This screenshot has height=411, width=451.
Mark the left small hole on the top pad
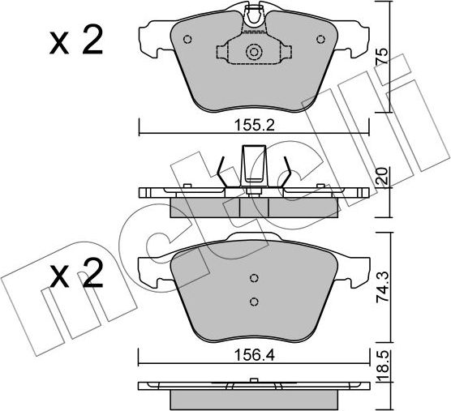pyautogui.click(x=188, y=39)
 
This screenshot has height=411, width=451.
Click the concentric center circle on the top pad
pyautogui.click(x=254, y=52)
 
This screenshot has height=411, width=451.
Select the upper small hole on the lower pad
pyautogui.click(x=253, y=276)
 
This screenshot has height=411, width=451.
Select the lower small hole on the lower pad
pyautogui.click(x=253, y=302)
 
